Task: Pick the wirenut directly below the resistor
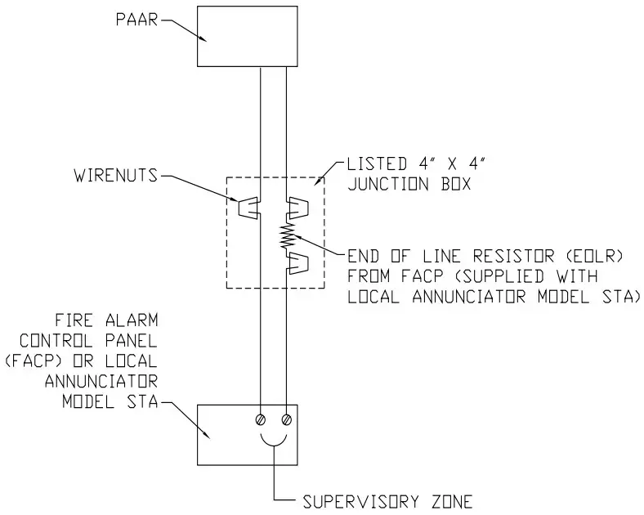pyautogui.click(x=296, y=263)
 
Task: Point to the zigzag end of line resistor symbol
pyautogui.click(x=286, y=236)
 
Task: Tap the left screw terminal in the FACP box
pyautogui.click(x=262, y=419)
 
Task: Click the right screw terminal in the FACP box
pyautogui.click(x=286, y=419)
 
